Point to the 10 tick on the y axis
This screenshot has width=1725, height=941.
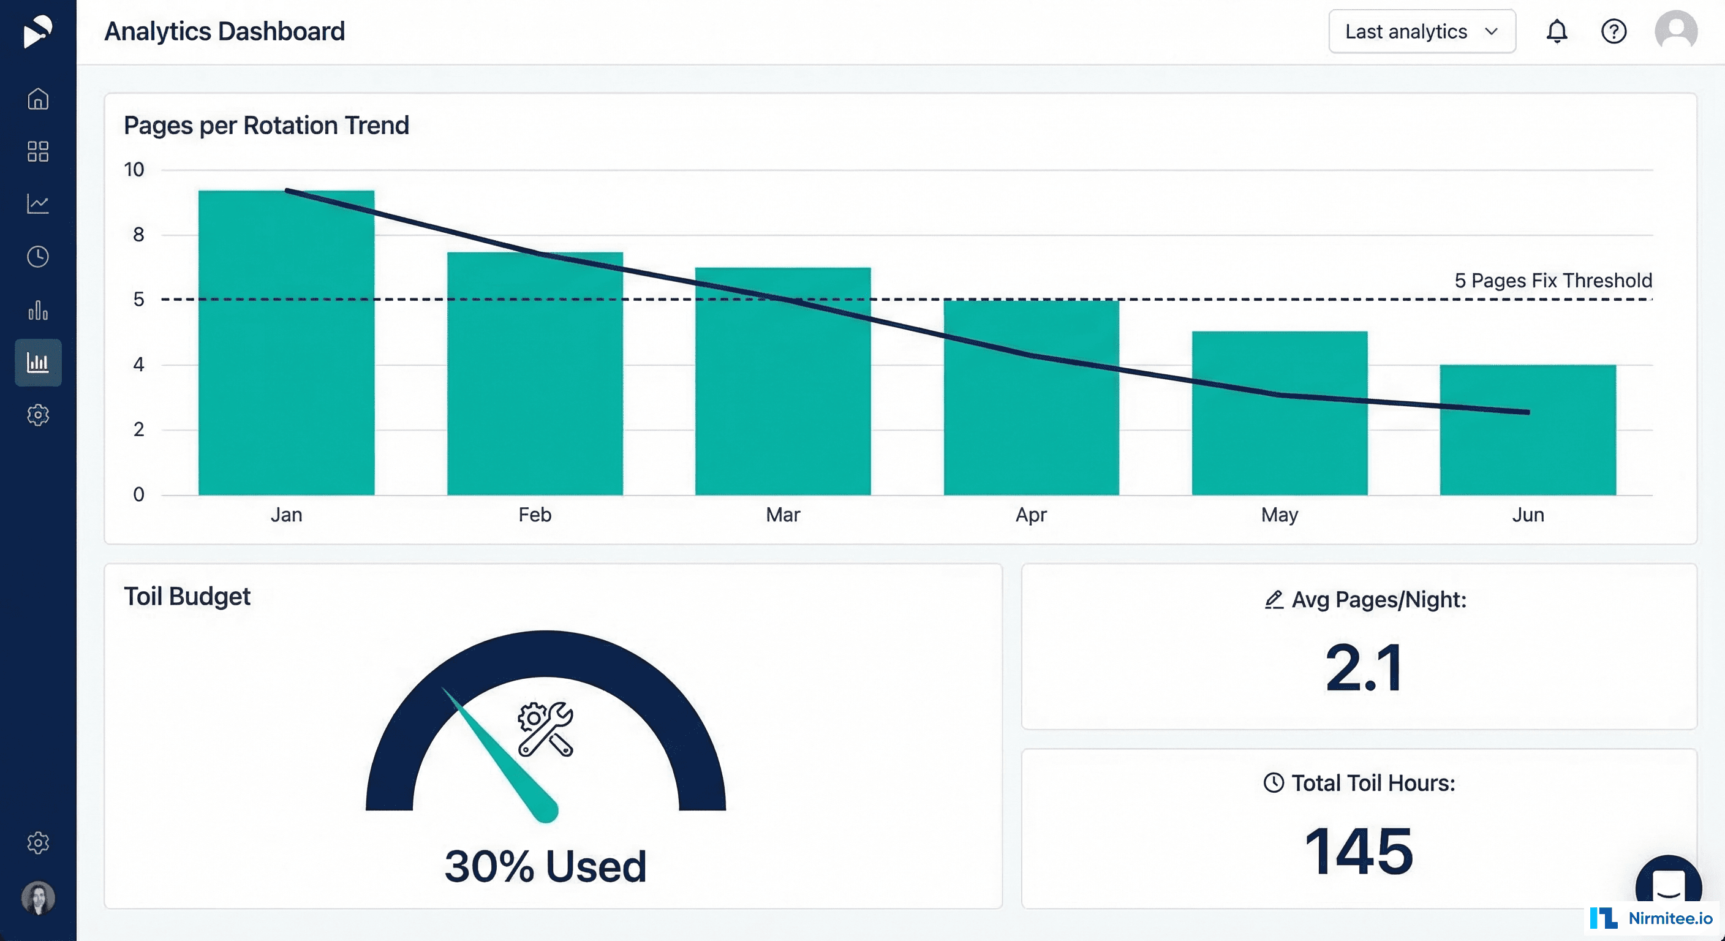click(x=134, y=170)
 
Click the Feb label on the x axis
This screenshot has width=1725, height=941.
click(x=534, y=515)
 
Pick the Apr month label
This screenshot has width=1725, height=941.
click(x=1030, y=515)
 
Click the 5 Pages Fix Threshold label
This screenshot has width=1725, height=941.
click(x=1553, y=280)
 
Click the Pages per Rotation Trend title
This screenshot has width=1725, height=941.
click(x=266, y=125)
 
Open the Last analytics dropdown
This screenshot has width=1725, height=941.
click(x=1422, y=31)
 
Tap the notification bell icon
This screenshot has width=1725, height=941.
click(x=1557, y=31)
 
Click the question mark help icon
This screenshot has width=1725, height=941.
click(x=1613, y=31)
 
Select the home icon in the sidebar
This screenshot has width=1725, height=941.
click(x=38, y=99)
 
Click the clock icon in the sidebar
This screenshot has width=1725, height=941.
click(x=38, y=257)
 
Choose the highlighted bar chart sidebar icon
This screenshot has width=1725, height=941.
click(x=38, y=362)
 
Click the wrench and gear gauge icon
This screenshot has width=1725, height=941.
click(x=545, y=728)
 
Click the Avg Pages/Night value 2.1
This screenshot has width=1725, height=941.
click(x=1364, y=668)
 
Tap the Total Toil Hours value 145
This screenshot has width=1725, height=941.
click(x=1359, y=850)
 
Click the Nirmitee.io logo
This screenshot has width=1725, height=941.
click(x=1651, y=918)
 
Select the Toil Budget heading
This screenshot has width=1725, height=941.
click(x=187, y=596)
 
